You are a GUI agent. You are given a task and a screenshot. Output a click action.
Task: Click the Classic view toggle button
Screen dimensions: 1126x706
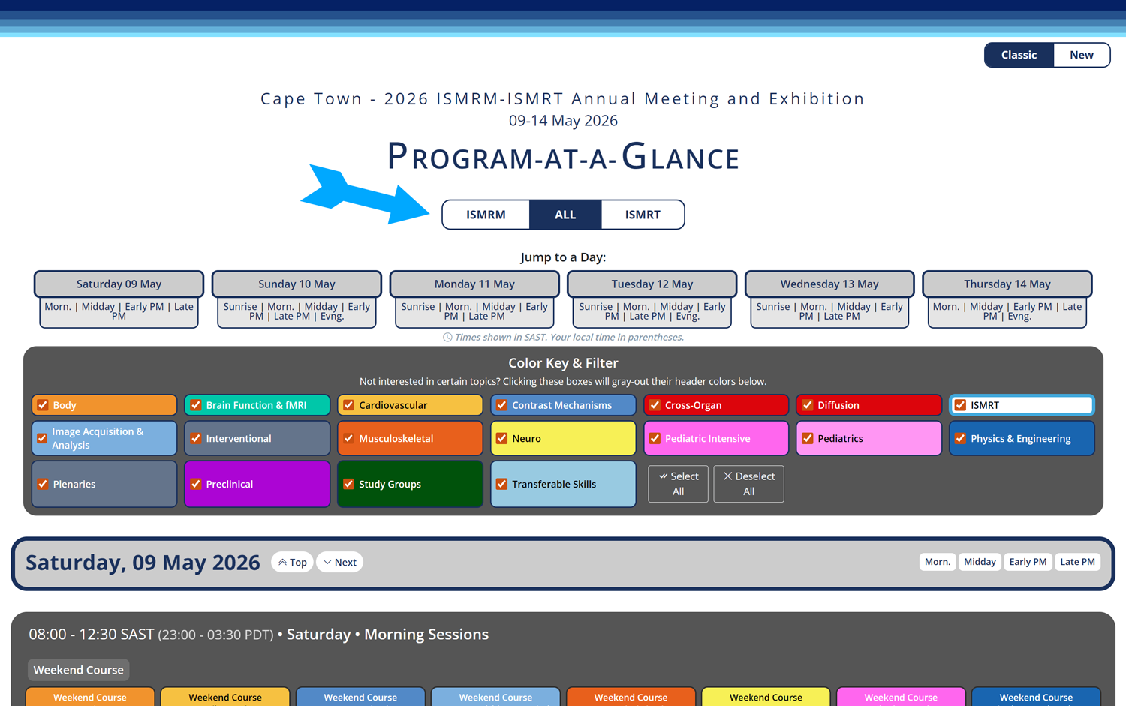coord(1019,55)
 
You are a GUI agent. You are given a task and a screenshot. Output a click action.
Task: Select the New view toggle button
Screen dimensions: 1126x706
coord(1081,55)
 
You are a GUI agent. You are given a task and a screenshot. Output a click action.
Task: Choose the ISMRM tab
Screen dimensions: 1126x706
coord(486,215)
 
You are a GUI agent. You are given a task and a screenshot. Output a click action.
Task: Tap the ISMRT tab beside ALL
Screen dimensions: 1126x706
coord(643,215)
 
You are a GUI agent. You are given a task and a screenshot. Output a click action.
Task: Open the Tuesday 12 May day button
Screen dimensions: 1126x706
coord(652,284)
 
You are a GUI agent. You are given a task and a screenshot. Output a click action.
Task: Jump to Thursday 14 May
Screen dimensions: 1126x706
coord(1007,284)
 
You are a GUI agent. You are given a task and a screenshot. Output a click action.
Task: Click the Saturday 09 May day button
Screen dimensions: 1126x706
coord(119,284)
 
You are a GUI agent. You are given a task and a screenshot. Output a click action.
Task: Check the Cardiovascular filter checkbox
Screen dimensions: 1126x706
coord(348,405)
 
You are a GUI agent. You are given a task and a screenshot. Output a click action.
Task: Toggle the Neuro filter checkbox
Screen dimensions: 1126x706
coord(501,438)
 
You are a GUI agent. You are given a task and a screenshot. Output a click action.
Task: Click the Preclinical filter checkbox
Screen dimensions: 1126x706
coord(195,484)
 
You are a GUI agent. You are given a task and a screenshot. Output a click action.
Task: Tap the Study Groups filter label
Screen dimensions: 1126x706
coord(390,484)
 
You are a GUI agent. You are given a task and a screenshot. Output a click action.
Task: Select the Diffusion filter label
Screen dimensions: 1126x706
coord(838,405)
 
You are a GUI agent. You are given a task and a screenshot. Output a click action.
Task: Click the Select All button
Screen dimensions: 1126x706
coord(678,484)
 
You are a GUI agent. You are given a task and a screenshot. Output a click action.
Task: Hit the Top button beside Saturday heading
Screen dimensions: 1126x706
coord(292,562)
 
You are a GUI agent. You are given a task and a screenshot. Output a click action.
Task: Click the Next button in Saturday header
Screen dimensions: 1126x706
coord(340,562)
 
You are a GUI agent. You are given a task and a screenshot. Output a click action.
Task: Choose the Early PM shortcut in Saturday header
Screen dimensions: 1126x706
coord(1028,562)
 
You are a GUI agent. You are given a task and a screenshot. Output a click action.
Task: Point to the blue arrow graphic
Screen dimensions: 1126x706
coord(365,194)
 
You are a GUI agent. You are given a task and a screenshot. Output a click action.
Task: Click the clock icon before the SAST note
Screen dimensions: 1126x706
coord(447,337)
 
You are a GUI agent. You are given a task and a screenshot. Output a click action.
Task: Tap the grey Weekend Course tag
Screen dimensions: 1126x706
coord(78,670)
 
